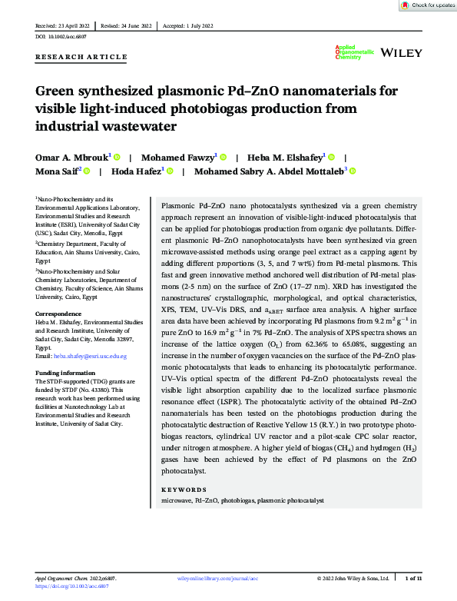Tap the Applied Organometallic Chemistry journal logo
click(x=354, y=51)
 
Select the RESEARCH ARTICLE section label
click(x=81, y=57)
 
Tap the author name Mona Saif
click(x=57, y=171)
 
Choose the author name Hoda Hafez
click(x=138, y=171)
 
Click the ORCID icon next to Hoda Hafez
click(x=170, y=171)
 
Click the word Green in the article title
click(x=58, y=91)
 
